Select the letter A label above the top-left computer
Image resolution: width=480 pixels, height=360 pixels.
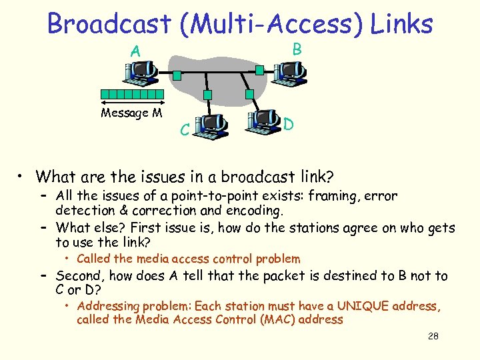click(x=135, y=51)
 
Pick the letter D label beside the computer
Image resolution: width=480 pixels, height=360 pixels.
click(x=289, y=124)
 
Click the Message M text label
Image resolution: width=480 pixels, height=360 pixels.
click(x=131, y=113)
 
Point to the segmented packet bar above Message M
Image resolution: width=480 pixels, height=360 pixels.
click(x=131, y=95)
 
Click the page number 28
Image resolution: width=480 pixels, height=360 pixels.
click(x=433, y=336)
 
